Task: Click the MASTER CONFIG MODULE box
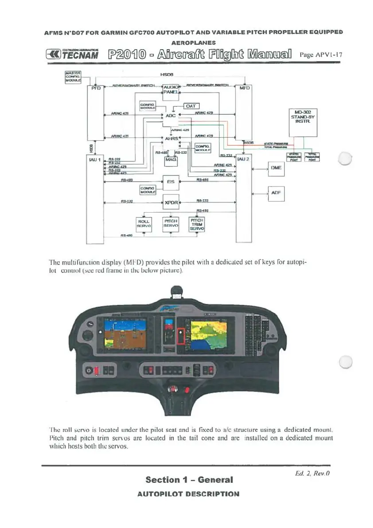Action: pos(72,76)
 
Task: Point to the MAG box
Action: pos(171,162)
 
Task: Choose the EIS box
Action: pos(171,181)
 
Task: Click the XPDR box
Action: pos(171,203)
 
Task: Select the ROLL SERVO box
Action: pos(144,223)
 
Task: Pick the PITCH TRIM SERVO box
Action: pos(196,224)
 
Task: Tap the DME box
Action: pos(276,168)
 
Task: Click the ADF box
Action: pos(276,193)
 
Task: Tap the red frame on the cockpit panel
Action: pos(181,336)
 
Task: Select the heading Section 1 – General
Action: pos(189,479)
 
